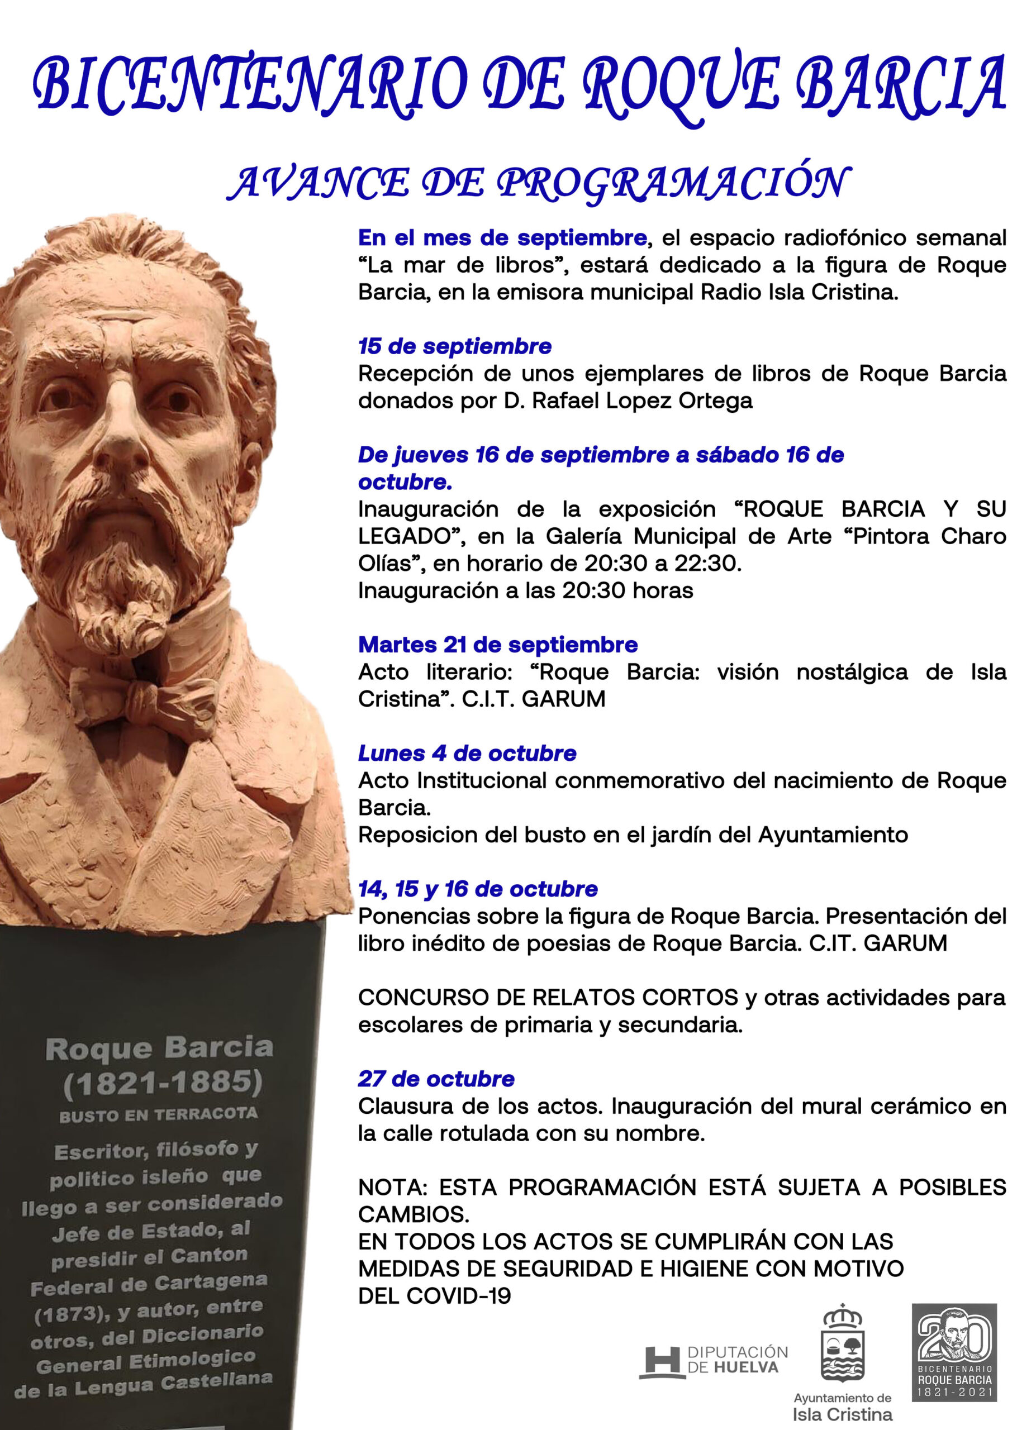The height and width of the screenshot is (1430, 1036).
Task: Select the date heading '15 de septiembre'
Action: click(x=455, y=346)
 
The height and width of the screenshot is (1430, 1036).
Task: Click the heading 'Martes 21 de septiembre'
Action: click(x=497, y=645)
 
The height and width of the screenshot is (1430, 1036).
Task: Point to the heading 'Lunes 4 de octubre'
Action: click(x=467, y=753)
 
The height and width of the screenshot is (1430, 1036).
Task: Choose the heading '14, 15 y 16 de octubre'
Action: click(x=477, y=889)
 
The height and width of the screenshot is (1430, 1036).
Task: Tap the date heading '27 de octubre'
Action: click(x=436, y=1079)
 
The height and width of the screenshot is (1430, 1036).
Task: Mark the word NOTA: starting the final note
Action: click(x=393, y=1187)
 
